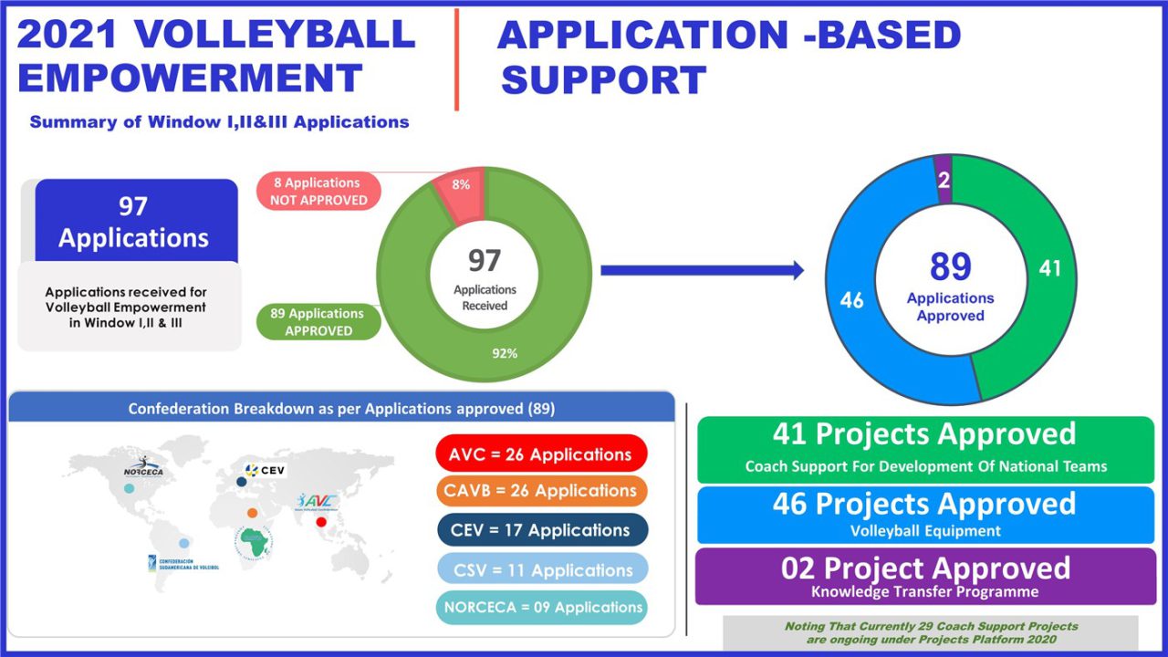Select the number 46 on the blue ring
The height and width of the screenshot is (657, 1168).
[851, 300]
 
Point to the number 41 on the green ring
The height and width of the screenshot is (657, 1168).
[1050, 269]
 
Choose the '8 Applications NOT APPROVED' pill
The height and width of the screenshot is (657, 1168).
[318, 192]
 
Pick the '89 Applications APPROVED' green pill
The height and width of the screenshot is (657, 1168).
[318, 322]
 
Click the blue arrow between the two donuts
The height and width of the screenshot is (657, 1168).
[702, 269]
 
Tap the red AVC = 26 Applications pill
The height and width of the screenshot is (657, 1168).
[541, 454]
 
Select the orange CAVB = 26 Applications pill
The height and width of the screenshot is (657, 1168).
[541, 491]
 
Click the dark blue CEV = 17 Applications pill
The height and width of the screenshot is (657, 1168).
[541, 530]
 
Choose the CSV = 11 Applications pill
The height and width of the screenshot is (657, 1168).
[541, 570]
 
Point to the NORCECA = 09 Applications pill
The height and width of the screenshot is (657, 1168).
[541, 608]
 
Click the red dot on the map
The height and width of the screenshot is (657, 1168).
[321, 523]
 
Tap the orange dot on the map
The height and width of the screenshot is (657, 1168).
[252, 513]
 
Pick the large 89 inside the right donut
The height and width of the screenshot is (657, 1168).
[951, 267]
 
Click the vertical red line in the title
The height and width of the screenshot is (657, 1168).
[456, 60]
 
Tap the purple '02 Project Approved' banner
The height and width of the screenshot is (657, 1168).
[924, 576]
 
